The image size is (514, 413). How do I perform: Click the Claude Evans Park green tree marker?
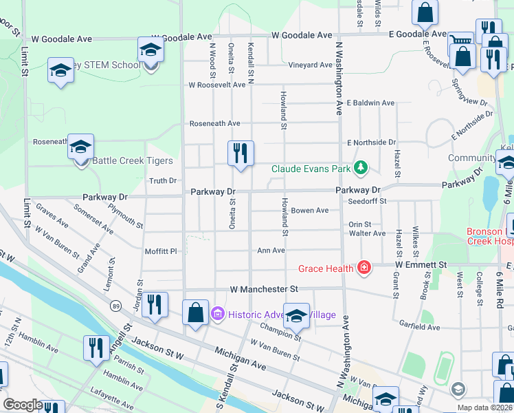click(359, 168)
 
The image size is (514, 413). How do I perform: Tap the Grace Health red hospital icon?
click(364, 268)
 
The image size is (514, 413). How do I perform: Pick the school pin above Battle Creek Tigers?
click(80, 147)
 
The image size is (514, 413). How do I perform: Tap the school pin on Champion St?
click(296, 316)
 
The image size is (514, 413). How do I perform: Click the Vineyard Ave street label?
click(310, 65)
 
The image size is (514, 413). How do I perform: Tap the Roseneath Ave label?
click(215, 123)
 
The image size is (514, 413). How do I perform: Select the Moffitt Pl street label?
click(161, 251)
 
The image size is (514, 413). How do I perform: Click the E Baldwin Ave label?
click(370, 103)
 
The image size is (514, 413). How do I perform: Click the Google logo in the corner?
click(23, 405)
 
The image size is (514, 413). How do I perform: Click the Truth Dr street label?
click(163, 181)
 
